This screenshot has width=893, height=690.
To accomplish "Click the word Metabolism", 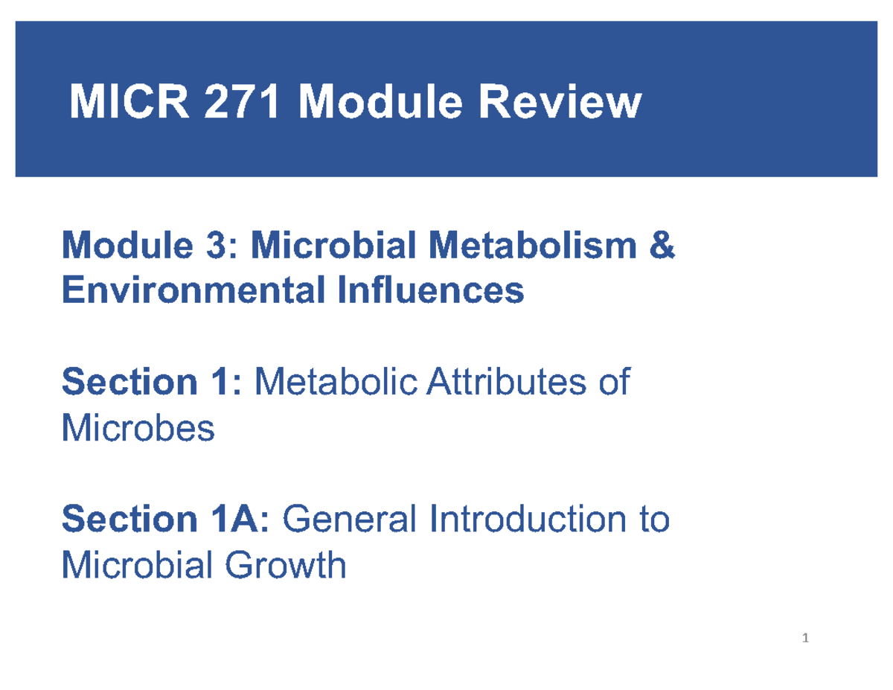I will (540, 246).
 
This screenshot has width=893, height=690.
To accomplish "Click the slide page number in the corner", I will (806, 638).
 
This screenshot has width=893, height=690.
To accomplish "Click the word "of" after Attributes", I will (613, 383).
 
